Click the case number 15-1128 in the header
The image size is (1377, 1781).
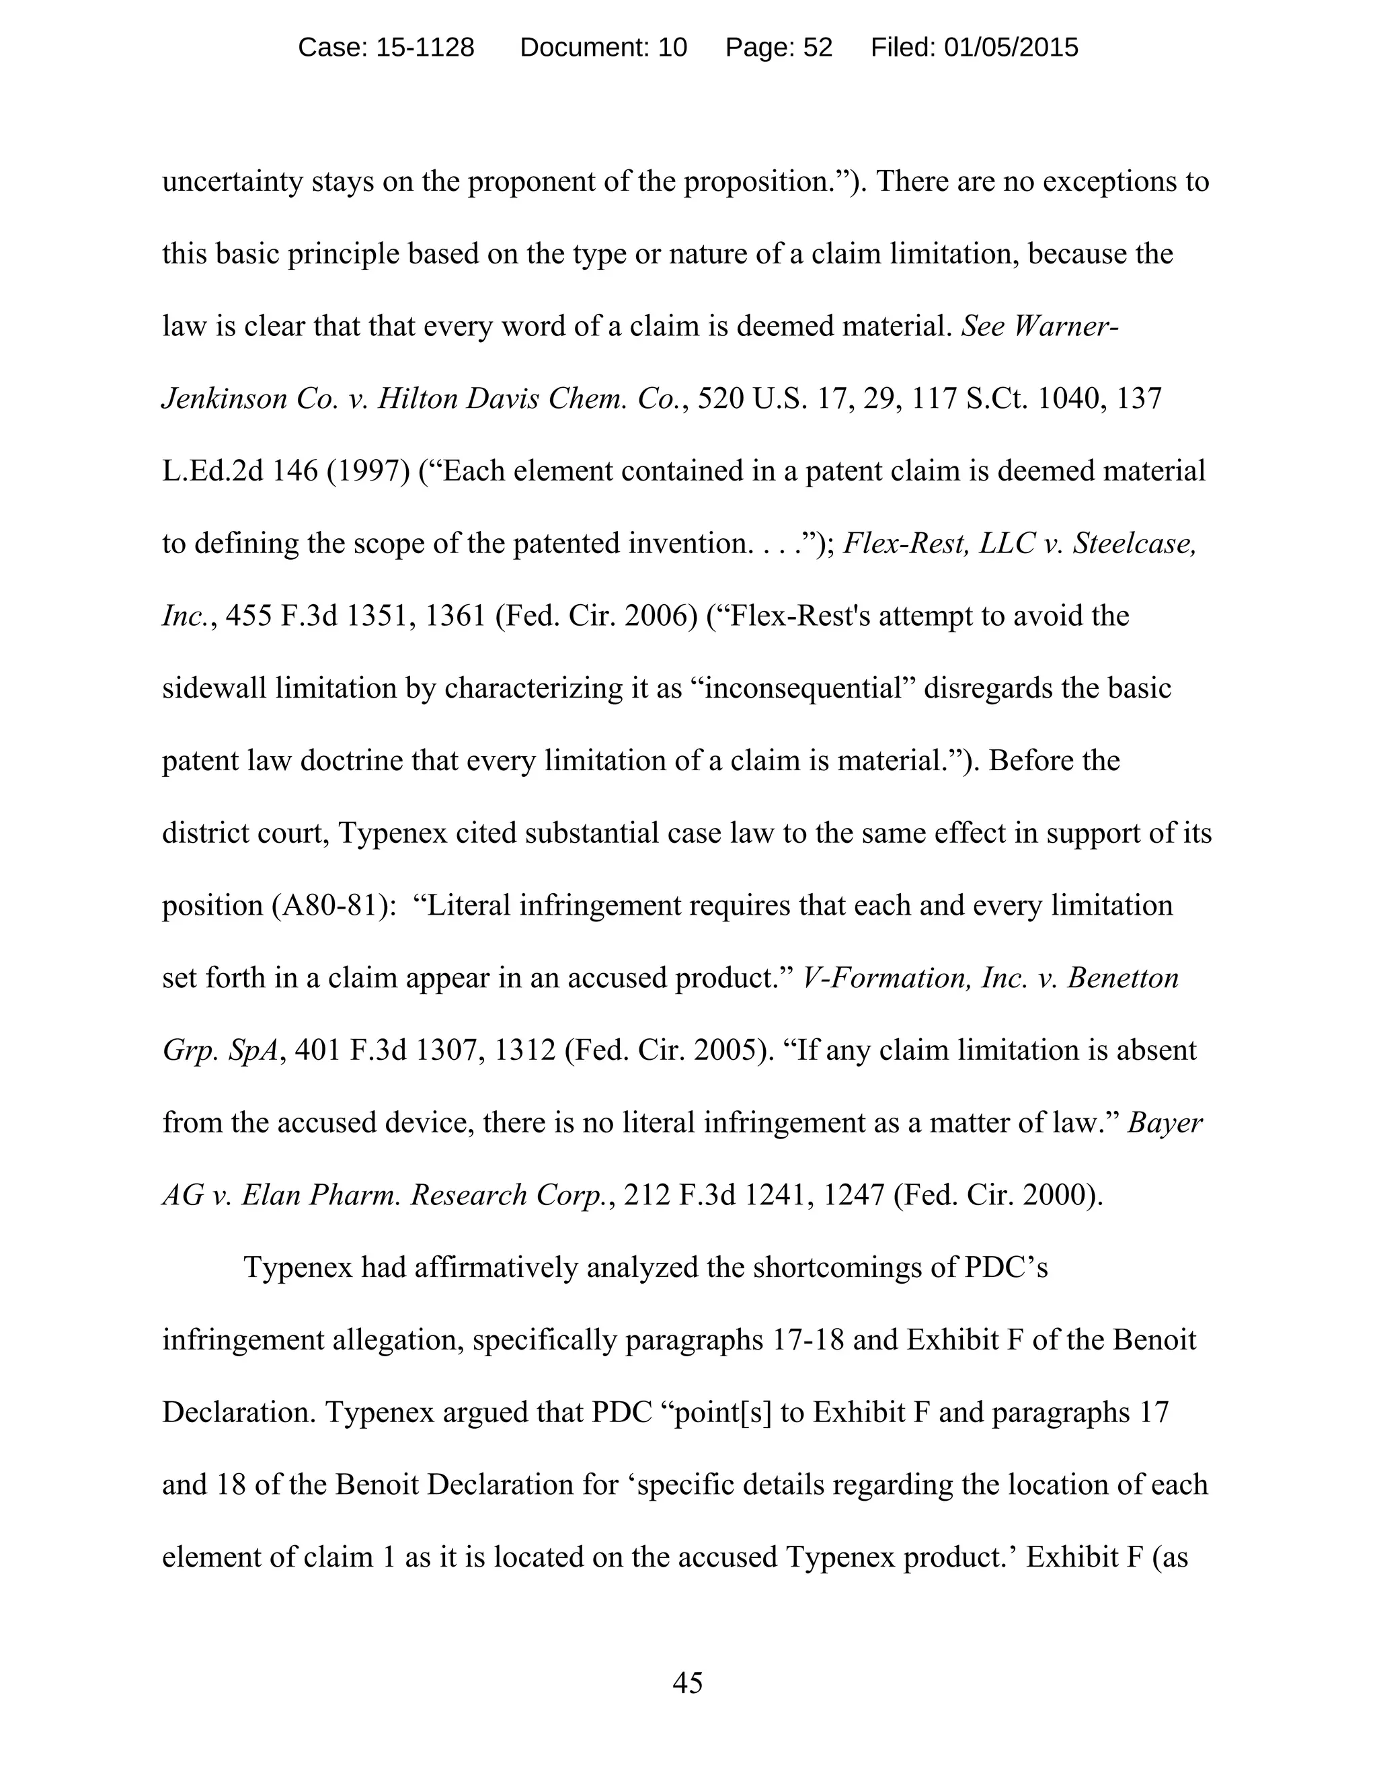[x=424, y=48]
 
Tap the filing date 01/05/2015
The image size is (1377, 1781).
[x=1011, y=48]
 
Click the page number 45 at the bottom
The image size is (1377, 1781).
[x=688, y=1682]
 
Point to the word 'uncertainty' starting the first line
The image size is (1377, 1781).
[x=233, y=182]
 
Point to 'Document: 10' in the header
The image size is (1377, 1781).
[x=603, y=48]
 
